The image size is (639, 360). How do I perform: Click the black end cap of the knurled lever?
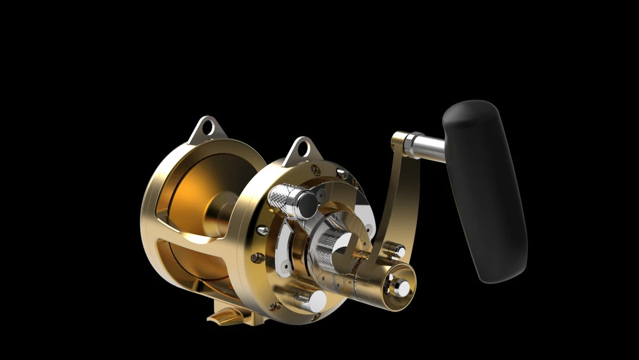click(307, 205)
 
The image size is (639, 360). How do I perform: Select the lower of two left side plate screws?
click(257, 258)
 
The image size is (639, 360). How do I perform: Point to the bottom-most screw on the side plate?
click(275, 306)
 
